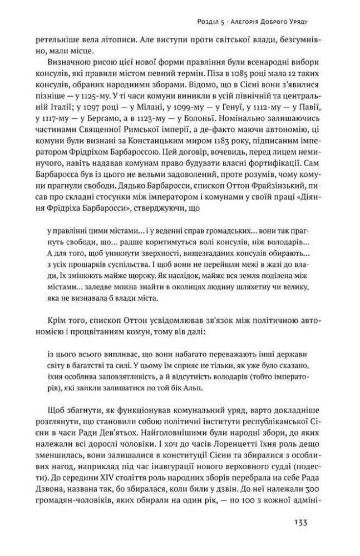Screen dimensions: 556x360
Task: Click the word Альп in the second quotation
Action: pyautogui.click(x=213, y=388)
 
